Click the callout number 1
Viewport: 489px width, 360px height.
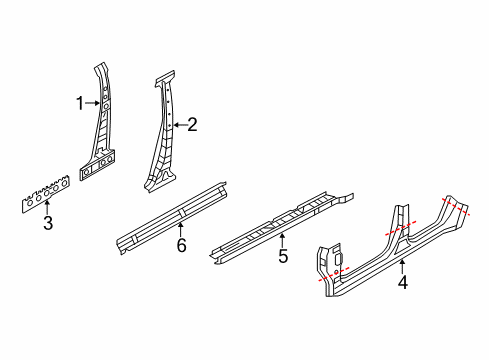coord(80,103)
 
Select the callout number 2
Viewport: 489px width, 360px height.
coord(192,125)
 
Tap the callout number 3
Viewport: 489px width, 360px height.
coord(48,223)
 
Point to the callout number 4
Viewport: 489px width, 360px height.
coord(403,282)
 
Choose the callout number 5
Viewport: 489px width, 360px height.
coord(283,256)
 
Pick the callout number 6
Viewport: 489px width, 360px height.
coord(181,246)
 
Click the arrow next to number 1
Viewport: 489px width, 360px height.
coord(92,103)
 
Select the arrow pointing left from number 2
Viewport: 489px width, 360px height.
coord(180,125)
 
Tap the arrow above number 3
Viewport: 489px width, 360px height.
coord(47,206)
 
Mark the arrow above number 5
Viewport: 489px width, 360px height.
coord(283,241)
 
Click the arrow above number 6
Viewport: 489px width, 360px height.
coord(181,230)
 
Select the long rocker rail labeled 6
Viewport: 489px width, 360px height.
coord(172,219)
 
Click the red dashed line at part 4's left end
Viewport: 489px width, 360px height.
coord(334,274)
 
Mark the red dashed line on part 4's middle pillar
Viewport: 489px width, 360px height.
coord(401,228)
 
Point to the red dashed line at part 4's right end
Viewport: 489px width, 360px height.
coord(456,207)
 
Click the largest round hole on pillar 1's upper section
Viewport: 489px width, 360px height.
coord(106,106)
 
